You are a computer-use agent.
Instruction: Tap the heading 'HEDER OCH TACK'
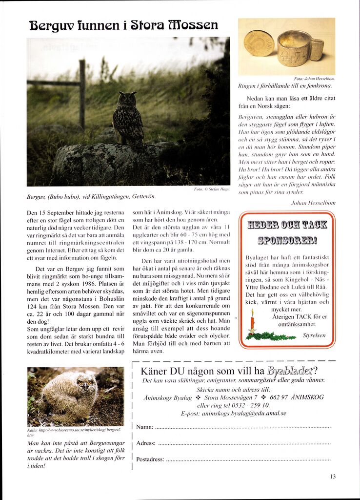point(287,225)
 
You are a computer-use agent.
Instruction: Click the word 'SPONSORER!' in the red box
point(287,240)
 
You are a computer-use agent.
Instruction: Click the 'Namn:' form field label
point(144,427)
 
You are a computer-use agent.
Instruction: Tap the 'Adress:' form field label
point(146,443)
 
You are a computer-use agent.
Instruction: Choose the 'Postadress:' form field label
point(150,459)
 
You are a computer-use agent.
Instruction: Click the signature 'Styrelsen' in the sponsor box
point(314,335)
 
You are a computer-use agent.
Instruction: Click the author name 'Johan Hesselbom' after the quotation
point(313,202)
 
